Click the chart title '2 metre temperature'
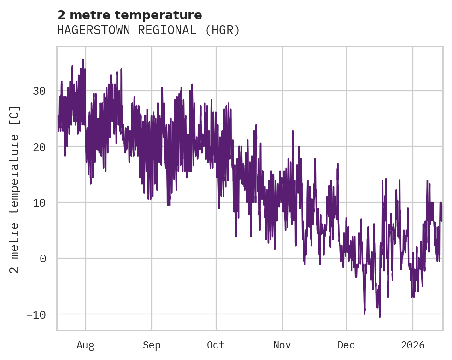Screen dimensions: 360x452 (x=129, y=15)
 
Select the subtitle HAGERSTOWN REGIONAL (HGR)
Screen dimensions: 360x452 (x=148, y=30)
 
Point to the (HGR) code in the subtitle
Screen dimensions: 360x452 (x=223, y=30)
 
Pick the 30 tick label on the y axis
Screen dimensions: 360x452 (x=39, y=91)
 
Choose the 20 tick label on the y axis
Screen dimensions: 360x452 (x=39, y=147)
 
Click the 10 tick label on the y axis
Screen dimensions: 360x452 (x=39, y=203)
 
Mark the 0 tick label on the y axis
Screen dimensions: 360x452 (x=43, y=259)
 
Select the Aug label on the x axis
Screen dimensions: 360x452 (x=86, y=345)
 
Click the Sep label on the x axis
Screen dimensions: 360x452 (x=151, y=345)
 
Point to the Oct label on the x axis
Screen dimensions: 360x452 (x=216, y=345)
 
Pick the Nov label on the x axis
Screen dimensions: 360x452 (x=282, y=345)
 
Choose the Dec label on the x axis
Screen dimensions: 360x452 (x=346, y=345)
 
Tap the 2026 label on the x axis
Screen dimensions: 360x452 (x=412, y=345)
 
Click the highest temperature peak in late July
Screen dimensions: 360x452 (x=83, y=60)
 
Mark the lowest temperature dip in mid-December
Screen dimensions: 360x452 (x=380, y=316)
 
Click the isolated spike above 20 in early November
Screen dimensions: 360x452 (x=292, y=131)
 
